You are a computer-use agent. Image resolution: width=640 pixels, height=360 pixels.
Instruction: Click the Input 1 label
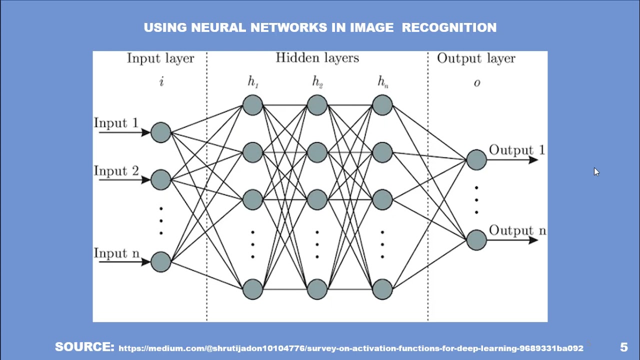pos(116,123)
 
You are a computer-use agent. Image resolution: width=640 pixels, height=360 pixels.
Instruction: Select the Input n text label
pos(116,253)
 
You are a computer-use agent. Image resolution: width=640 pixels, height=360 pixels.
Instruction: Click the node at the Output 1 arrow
pos(476,160)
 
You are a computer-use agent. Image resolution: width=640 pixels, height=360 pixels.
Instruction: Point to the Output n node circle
pos(476,240)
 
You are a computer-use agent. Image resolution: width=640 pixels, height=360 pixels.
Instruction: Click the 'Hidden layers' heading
pos(317,58)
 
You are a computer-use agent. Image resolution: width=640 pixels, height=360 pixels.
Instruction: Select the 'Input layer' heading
pos(160,59)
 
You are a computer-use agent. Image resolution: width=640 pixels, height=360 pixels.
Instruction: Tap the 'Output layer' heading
pos(475,59)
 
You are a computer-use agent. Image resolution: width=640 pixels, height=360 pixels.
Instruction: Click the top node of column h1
pos(252,105)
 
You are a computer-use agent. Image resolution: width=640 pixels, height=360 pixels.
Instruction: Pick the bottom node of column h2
pos(317,289)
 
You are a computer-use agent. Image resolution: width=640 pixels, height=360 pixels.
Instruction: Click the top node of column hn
pos(382,105)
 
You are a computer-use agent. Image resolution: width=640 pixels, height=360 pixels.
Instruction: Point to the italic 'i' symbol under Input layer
pos(161,82)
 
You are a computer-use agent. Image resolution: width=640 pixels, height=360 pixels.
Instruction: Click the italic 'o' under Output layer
pos(476,83)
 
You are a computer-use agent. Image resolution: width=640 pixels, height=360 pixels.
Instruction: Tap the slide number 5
pos(623,347)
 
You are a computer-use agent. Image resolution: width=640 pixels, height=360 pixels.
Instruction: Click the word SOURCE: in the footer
pos(84,347)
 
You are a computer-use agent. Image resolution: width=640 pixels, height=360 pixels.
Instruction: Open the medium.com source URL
pos(350,348)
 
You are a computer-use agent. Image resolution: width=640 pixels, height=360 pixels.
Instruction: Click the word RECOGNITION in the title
pos(449,28)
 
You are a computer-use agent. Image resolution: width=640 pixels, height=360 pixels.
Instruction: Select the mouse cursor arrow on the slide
pos(596,171)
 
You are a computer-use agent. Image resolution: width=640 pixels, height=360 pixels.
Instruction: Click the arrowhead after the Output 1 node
pos(532,160)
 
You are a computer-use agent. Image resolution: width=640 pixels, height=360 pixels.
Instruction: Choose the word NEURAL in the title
pos(218,28)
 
